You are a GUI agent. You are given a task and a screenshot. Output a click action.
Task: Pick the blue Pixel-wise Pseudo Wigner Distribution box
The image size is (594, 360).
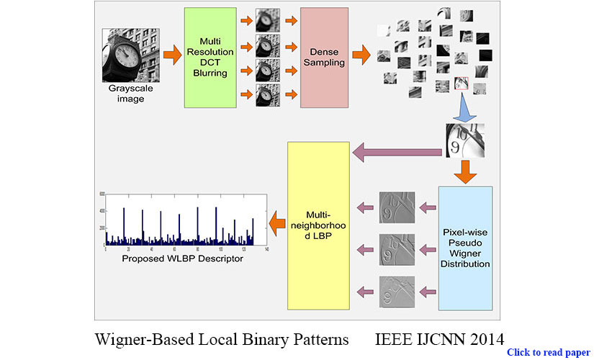click(x=465, y=247)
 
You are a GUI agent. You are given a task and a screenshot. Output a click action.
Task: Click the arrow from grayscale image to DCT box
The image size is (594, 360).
click(x=171, y=54)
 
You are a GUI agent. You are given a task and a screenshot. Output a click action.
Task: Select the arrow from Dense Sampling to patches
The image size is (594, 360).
click(x=362, y=54)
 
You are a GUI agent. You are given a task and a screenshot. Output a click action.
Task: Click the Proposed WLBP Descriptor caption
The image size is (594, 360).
click(x=182, y=258)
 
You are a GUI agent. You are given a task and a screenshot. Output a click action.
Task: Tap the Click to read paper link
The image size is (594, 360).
click(x=548, y=352)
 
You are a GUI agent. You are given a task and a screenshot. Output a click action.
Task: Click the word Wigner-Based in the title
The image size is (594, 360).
click(x=143, y=338)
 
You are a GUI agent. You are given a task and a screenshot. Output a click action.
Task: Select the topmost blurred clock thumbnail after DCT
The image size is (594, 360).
click(x=268, y=17)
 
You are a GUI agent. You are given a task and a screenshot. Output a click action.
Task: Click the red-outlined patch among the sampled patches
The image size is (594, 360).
click(x=462, y=85)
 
